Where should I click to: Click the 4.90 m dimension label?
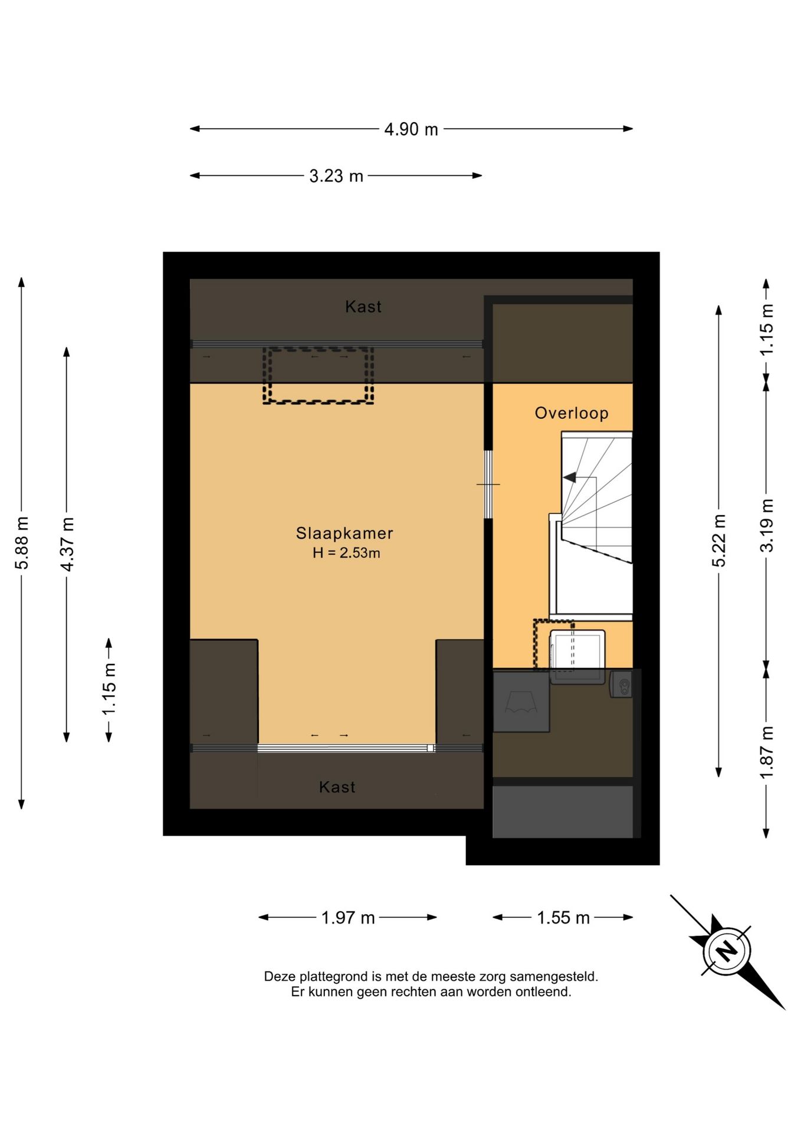[411, 129]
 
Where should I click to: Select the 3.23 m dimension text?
[336, 176]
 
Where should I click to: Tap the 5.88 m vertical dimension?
[22, 543]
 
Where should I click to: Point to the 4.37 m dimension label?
[67, 544]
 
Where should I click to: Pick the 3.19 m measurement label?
[766, 525]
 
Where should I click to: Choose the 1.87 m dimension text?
[766, 752]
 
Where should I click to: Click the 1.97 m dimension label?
[348, 918]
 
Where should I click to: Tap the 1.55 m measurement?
[563, 918]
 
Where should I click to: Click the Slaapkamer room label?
[344, 533]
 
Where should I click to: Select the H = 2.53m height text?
[346, 553]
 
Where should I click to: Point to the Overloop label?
[572, 413]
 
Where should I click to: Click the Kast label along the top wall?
[363, 307]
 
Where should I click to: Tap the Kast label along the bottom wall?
[337, 787]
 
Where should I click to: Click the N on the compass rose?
[727, 951]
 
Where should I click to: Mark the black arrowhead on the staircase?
[570, 477]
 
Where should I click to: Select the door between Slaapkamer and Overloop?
[488, 484]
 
